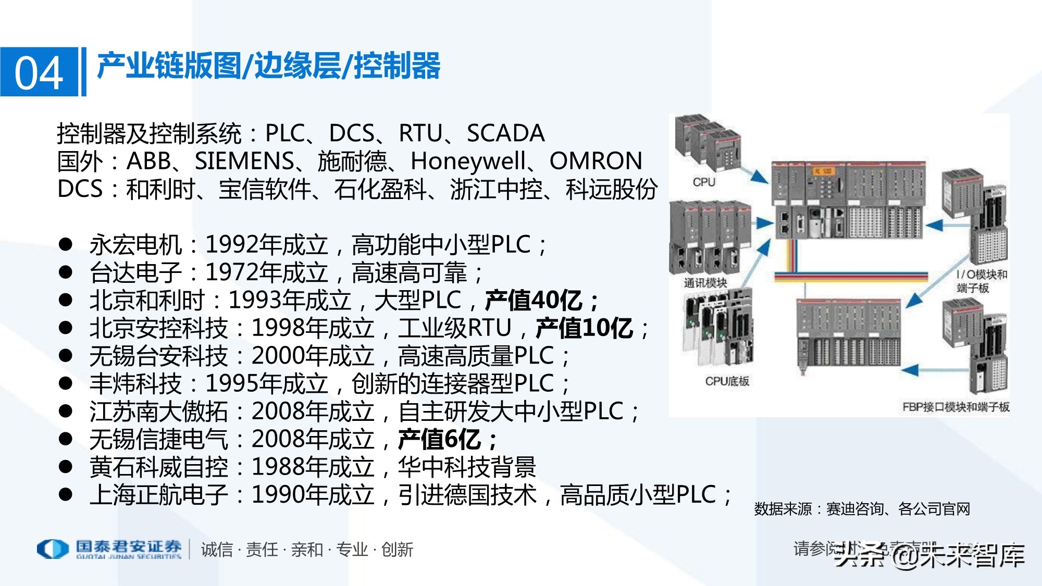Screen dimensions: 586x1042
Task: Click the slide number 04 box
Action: pos(39,72)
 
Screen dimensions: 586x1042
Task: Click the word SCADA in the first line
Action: pos(505,133)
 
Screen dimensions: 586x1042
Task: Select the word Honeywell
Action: pos(468,161)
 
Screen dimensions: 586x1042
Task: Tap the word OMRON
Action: pos(596,161)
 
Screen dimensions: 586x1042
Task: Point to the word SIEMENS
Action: pos(244,161)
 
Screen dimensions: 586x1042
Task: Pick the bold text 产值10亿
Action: pos(584,328)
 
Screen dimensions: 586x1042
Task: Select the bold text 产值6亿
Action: pos(439,440)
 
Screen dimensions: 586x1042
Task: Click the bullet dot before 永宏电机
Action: pos(66,244)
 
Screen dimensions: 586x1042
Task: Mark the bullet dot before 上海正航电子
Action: pos(66,494)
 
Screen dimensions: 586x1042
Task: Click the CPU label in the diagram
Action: pos(704,182)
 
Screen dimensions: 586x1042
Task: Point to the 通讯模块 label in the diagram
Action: pos(705,283)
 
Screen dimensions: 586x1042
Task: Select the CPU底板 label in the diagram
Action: pos(727,381)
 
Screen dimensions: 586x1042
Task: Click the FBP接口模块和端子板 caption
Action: pos(956,407)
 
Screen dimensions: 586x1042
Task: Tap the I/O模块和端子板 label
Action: pos(981,281)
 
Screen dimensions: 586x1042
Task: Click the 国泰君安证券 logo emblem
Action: pos(53,549)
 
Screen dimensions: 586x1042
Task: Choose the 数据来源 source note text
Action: pos(862,509)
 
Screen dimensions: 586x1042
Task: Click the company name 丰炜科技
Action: pos(135,384)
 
